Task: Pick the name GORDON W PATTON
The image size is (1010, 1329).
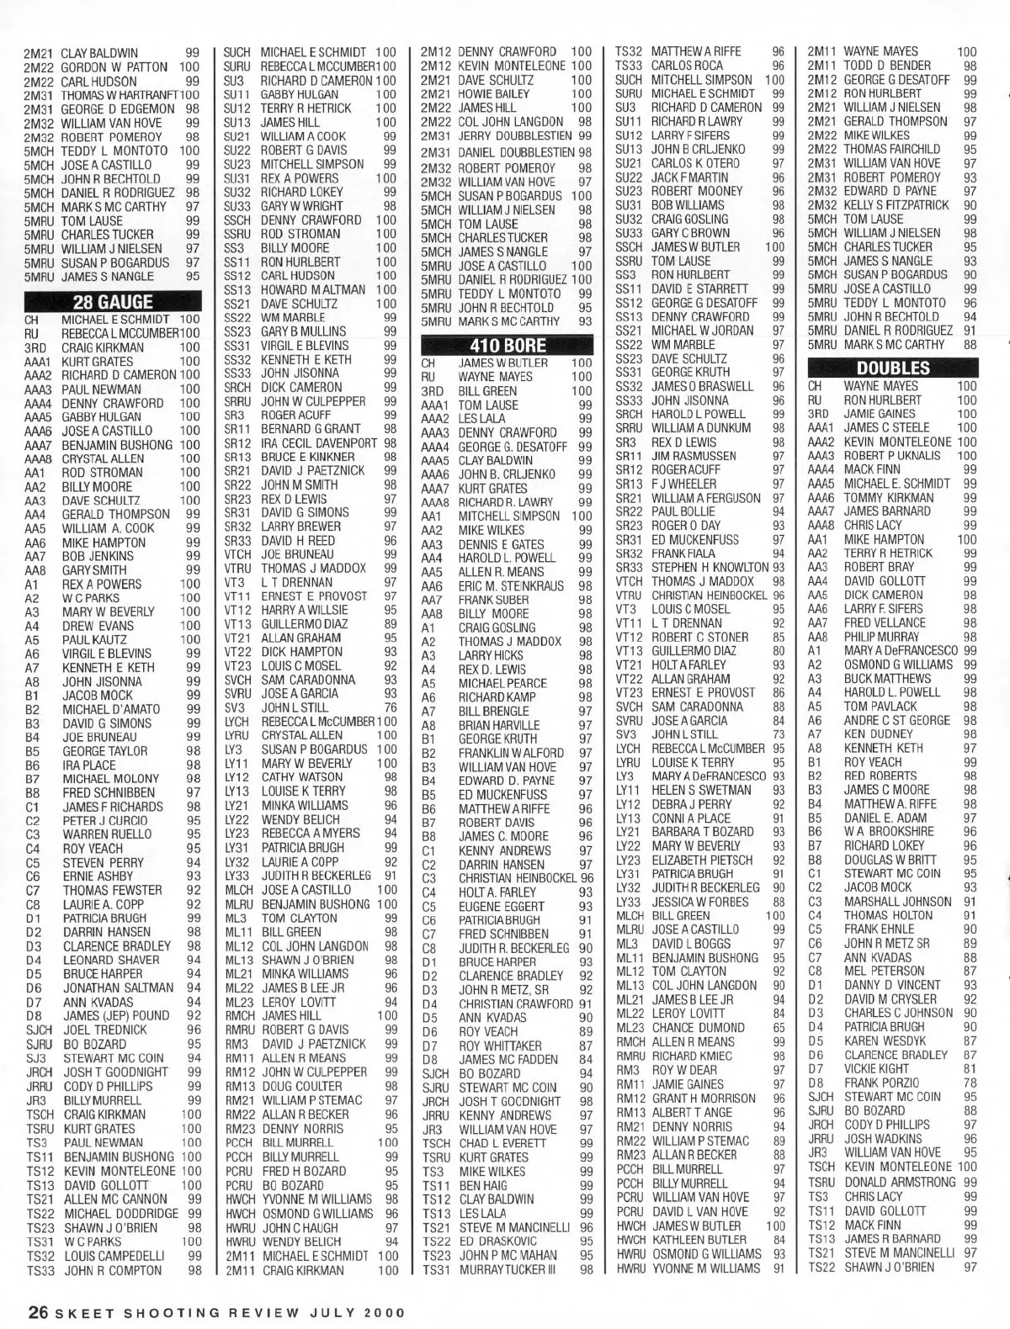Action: (x=114, y=66)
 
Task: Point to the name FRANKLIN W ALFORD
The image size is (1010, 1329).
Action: (x=511, y=753)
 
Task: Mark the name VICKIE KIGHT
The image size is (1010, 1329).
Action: (x=876, y=1068)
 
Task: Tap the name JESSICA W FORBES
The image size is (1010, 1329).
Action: (x=700, y=902)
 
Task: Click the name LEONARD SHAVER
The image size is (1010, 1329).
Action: (x=111, y=960)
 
